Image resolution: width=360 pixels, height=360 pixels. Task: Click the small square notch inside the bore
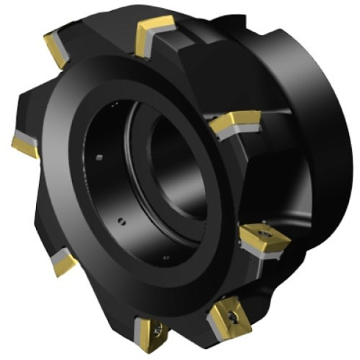pyautogui.click(x=98, y=156)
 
